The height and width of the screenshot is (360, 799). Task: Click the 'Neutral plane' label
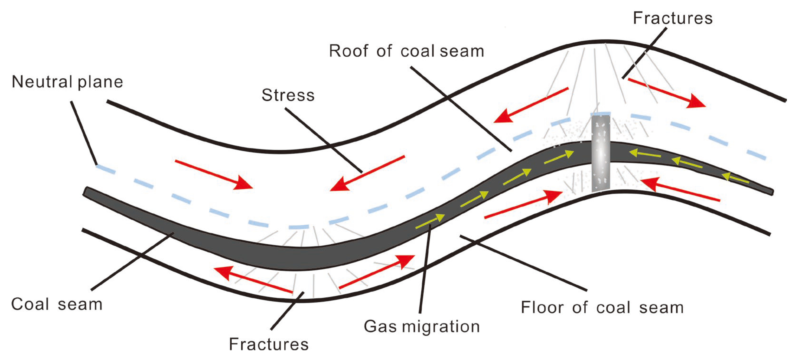pyautogui.click(x=67, y=82)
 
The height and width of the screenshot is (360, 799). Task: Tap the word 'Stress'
pyautogui.click(x=288, y=95)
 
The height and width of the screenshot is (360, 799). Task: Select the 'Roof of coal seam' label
pyautogui.click(x=406, y=51)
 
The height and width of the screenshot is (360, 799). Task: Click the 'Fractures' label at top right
pyautogui.click(x=672, y=18)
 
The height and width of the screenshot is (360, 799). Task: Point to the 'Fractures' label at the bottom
pyautogui.click(x=269, y=344)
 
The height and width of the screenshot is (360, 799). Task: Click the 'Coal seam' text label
pyautogui.click(x=57, y=305)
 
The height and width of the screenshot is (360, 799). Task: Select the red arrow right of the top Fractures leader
pyautogui.click(x=667, y=93)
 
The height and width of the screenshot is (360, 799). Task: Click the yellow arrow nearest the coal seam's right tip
pyautogui.click(x=735, y=178)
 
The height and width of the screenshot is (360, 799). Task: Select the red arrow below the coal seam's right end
pyautogui.click(x=679, y=189)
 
